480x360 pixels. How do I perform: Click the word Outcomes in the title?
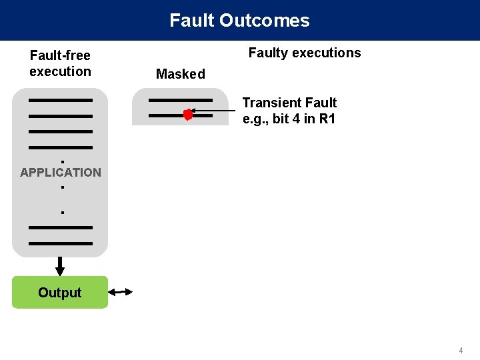pyautogui.click(x=265, y=20)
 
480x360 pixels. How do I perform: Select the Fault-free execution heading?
pyautogui.click(x=60, y=63)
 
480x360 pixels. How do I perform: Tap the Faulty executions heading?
pyautogui.click(x=305, y=53)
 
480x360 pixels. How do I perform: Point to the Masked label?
pyautogui.click(x=181, y=74)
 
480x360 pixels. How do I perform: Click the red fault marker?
pyautogui.click(x=188, y=115)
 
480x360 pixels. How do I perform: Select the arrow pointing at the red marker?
pyautogui.click(x=213, y=111)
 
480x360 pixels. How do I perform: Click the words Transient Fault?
pyautogui.click(x=289, y=103)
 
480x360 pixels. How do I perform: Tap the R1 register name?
pyautogui.click(x=327, y=119)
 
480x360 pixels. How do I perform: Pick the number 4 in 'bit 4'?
pyautogui.click(x=296, y=119)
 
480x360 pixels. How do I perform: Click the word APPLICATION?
pyautogui.click(x=61, y=173)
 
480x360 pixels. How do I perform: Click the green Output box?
pyautogui.click(x=60, y=293)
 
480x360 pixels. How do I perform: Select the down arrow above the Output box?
pyautogui.click(x=60, y=266)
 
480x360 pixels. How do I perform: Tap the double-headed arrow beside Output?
pyautogui.click(x=120, y=292)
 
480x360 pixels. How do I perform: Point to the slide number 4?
pyautogui.click(x=461, y=351)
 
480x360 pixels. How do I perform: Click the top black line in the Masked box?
pyautogui.click(x=181, y=100)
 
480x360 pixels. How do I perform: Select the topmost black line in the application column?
pyautogui.click(x=61, y=100)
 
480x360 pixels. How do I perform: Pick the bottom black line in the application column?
pyautogui.click(x=61, y=244)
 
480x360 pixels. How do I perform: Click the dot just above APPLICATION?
pyautogui.click(x=63, y=161)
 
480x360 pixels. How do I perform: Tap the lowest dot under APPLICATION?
pyautogui.click(x=63, y=213)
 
